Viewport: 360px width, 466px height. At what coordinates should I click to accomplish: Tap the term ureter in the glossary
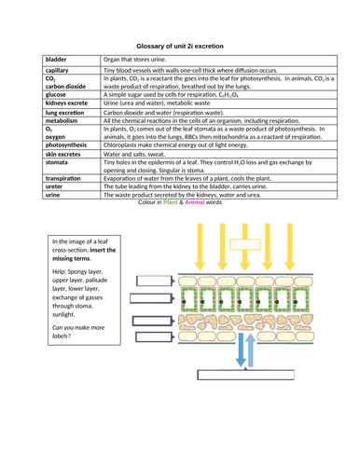click(x=56, y=186)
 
